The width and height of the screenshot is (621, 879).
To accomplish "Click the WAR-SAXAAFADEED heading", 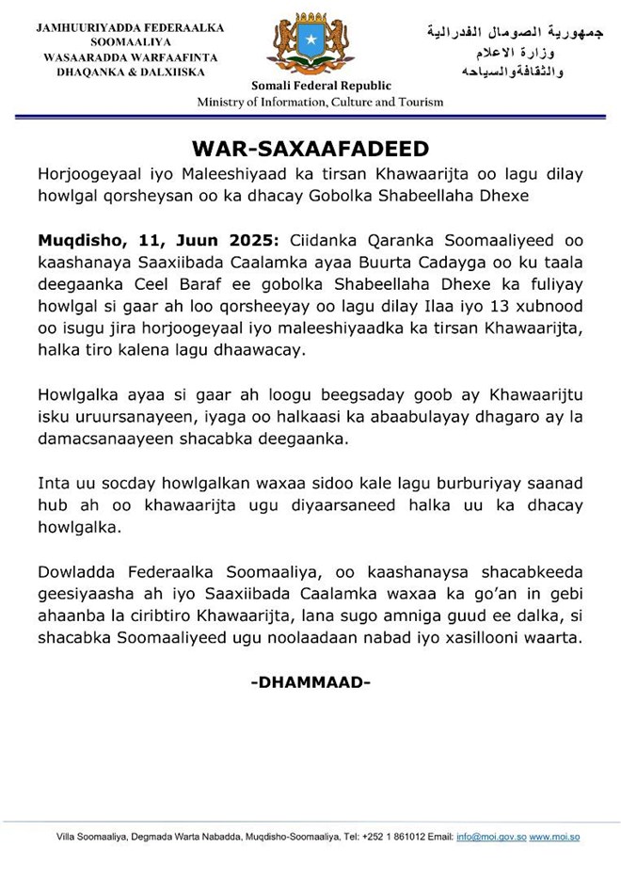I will pyautogui.click(x=310, y=150).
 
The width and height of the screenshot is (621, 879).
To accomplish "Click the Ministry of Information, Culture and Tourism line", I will pyautogui.click(x=320, y=103).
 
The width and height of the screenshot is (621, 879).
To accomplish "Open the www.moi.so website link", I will pyautogui.click(x=554, y=838).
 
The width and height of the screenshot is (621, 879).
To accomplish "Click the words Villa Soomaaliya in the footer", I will pyautogui.click(x=88, y=838).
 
